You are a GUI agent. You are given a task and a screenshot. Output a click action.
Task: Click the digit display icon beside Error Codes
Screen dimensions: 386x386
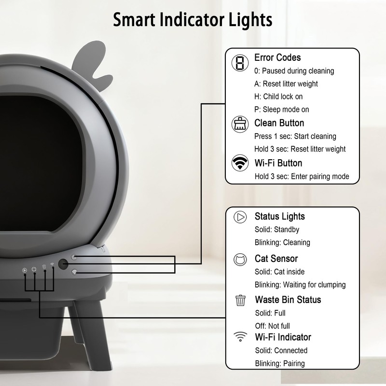tap(240, 63)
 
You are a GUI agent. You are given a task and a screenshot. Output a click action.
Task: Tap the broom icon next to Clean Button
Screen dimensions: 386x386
tap(240, 124)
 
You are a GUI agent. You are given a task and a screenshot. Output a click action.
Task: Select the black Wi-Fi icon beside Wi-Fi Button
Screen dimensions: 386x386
tap(240, 163)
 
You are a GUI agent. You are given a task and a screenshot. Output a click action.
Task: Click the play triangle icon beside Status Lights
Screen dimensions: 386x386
tap(240, 217)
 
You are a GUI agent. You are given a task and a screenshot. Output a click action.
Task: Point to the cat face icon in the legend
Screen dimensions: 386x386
tap(240, 260)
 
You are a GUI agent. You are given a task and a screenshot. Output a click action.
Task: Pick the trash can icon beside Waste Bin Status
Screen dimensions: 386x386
tap(240, 300)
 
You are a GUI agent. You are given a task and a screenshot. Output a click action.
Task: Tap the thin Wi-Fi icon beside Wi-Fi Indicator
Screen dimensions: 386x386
tap(240, 337)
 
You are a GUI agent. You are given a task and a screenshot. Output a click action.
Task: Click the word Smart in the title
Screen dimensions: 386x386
tap(134, 19)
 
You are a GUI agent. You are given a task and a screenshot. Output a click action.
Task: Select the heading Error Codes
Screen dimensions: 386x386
tap(277, 57)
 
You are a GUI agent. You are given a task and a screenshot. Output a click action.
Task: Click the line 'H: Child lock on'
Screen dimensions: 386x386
tap(278, 96)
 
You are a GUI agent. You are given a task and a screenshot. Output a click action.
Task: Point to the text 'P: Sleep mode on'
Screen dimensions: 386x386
tap(282, 110)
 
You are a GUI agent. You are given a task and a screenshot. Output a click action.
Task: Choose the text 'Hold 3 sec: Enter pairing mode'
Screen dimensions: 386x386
tap(302, 176)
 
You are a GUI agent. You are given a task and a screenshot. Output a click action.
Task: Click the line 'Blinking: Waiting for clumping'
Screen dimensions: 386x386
tap(300, 285)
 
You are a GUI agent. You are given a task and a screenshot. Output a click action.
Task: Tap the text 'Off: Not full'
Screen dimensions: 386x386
tap(272, 326)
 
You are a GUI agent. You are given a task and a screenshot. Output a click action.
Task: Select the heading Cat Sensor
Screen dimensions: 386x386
tap(276, 259)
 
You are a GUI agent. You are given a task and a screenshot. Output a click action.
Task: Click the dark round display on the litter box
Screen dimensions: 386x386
tap(63, 264)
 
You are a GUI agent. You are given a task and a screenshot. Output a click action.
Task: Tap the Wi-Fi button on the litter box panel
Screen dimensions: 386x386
tap(74, 272)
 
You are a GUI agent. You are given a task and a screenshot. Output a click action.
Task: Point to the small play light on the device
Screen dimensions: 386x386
tap(25, 270)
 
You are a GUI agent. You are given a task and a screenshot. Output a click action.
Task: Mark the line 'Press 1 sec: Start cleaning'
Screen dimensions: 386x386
tap(295, 136)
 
